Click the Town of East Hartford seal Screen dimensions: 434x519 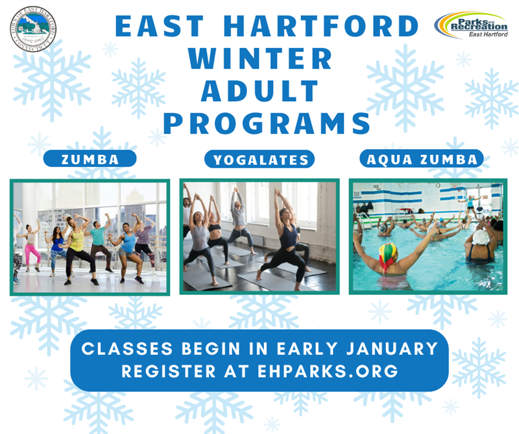coord(33,29)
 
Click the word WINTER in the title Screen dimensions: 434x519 coord(259,59)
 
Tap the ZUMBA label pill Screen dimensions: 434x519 coord(90,159)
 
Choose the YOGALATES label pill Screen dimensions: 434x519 coord(259,159)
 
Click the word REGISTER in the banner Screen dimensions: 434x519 coord(162,372)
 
